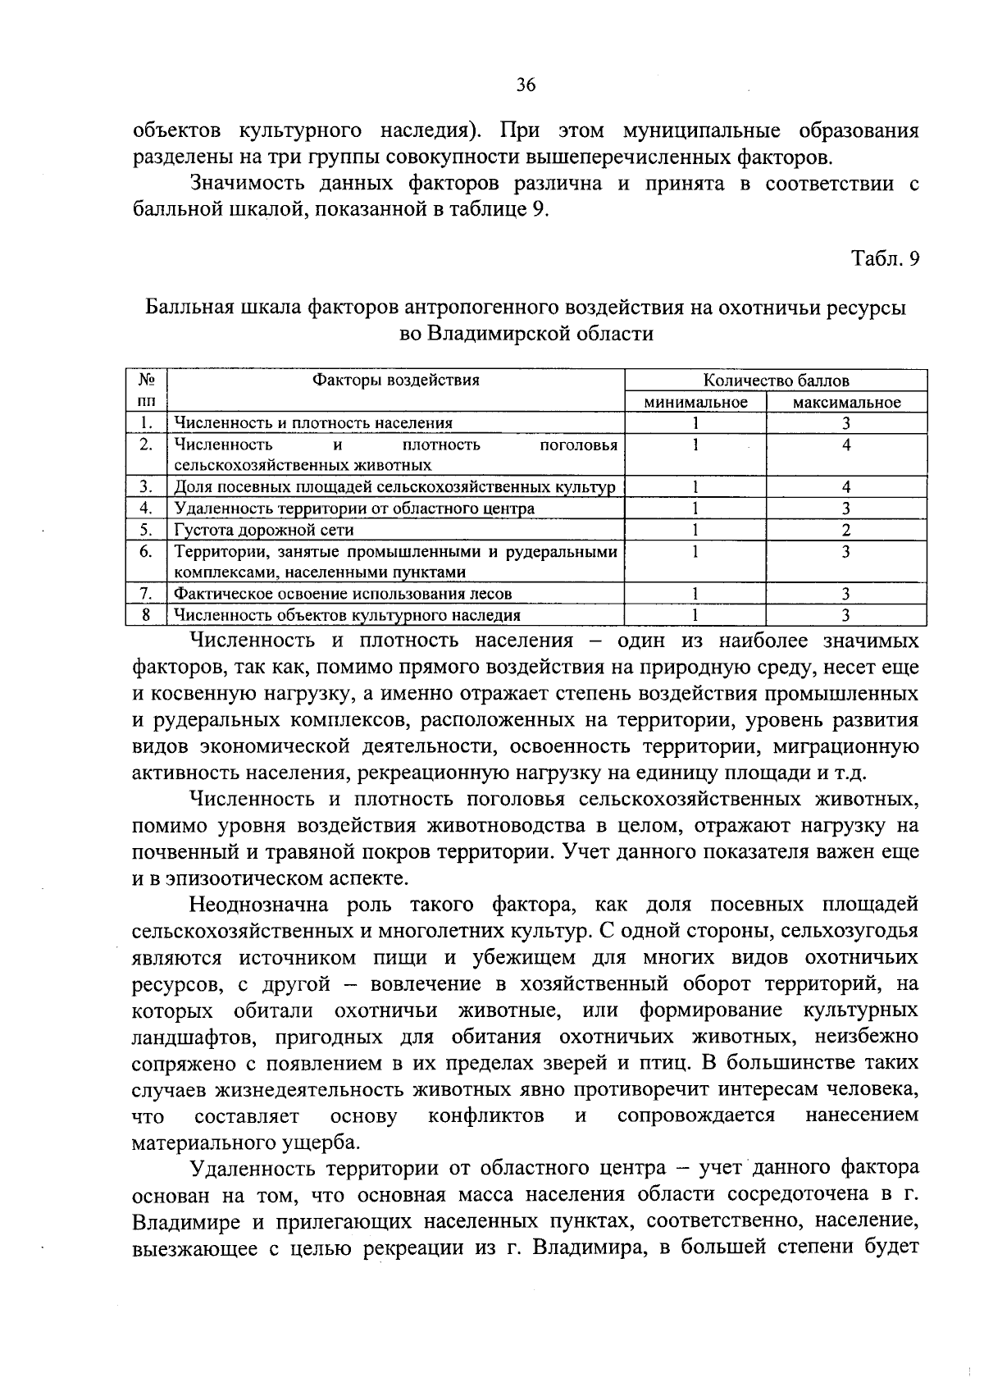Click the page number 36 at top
526,84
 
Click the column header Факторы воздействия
396,380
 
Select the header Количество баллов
776,380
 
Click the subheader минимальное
695,402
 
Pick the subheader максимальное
846,402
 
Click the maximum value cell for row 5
846,530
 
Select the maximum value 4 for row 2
846,445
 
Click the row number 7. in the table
146,593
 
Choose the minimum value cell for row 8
695,614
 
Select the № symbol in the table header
146,380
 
